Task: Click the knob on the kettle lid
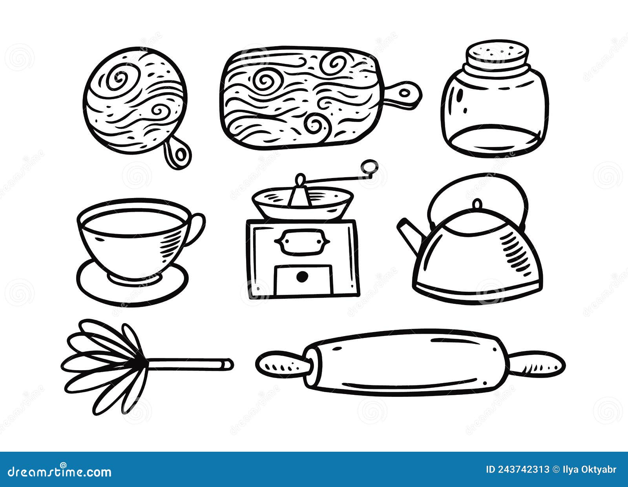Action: click(x=477, y=204)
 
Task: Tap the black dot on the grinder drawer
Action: click(x=302, y=277)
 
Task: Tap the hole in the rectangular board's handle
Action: click(x=405, y=93)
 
